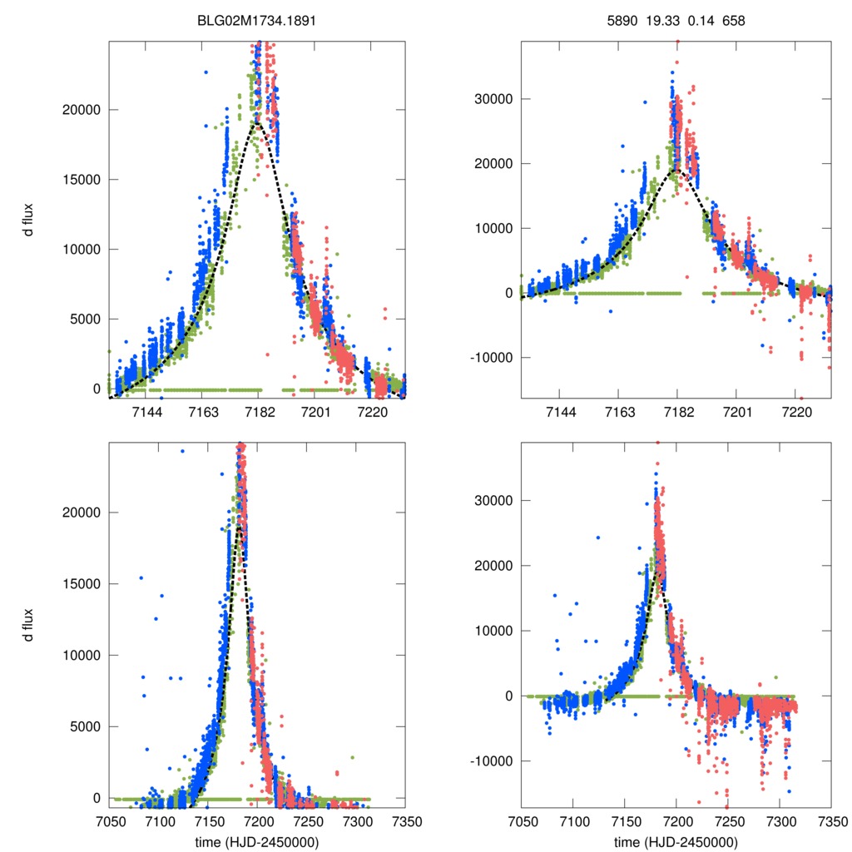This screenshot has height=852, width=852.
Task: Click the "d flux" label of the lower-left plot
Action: (28, 625)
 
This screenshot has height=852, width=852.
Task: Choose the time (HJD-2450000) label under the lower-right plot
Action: (676, 842)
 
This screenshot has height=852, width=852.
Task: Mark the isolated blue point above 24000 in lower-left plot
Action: (182, 451)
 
